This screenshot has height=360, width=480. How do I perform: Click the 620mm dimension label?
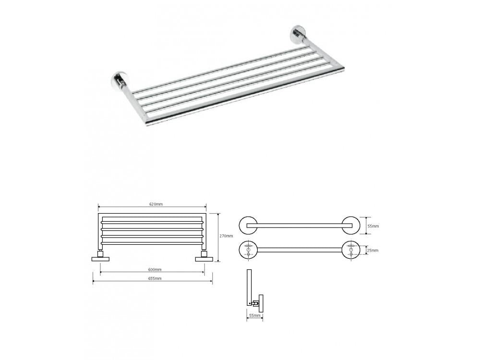coord(156,204)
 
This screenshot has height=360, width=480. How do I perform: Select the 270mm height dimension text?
coord(227,236)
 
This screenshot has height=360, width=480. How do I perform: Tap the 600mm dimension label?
coord(155,269)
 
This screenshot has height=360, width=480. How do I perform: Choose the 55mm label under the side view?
coord(255,316)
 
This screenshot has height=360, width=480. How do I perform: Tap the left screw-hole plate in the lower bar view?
coord(248,250)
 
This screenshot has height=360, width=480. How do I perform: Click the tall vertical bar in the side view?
coord(249,287)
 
